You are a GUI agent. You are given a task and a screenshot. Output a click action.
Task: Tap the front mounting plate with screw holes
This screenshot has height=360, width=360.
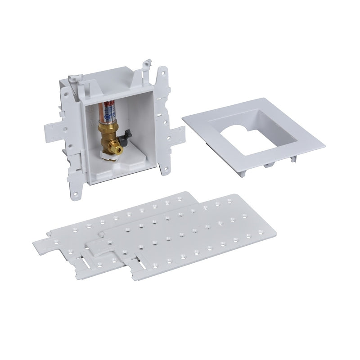coord(189,234)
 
